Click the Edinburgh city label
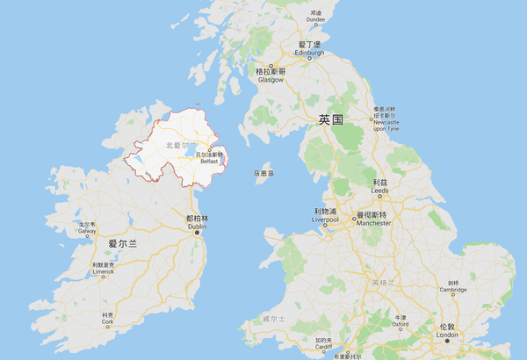[x=309, y=52]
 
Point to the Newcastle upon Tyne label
[x=386, y=121]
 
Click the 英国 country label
[x=330, y=119]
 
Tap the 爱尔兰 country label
[x=123, y=243]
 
